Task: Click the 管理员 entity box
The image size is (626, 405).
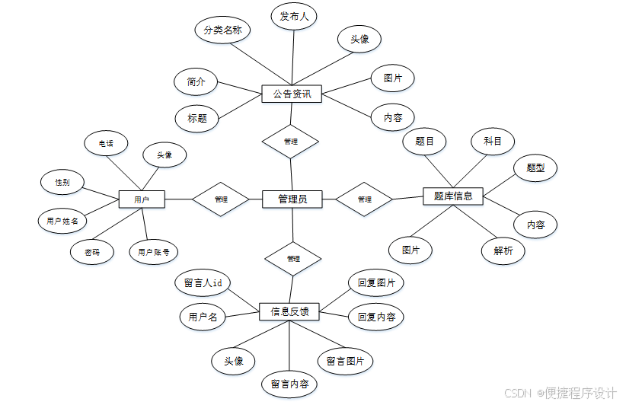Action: (x=292, y=199)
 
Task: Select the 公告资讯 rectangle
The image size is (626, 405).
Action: (x=291, y=94)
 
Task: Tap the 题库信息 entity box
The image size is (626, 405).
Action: (x=453, y=196)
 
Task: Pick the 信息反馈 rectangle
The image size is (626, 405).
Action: (x=289, y=311)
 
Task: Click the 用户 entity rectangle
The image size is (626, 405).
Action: (x=142, y=199)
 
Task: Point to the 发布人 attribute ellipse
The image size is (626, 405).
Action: (x=294, y=16)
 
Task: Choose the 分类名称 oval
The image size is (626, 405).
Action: (x=222, y=31)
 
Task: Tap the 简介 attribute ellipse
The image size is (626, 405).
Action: (x=196, y=81)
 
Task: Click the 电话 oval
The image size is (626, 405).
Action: (x=106, y=143)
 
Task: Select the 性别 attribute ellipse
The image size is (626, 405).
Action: (x=62, y=183)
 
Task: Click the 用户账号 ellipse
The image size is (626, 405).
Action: (x=154, y=251)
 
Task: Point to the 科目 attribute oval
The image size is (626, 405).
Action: (x=493, y=141)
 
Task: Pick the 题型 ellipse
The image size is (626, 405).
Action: (x=536, y=167)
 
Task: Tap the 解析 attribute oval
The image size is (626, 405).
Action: (x=503, y=250)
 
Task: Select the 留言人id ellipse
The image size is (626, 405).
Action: (x=203, y=282)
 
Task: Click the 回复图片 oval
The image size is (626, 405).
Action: (x=376, y=282)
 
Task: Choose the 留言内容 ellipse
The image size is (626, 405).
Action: (x=289, y=384)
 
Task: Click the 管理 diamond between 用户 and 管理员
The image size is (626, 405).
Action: (x=221, y=199)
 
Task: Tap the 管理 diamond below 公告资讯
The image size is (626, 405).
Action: (x=290, y=142)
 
